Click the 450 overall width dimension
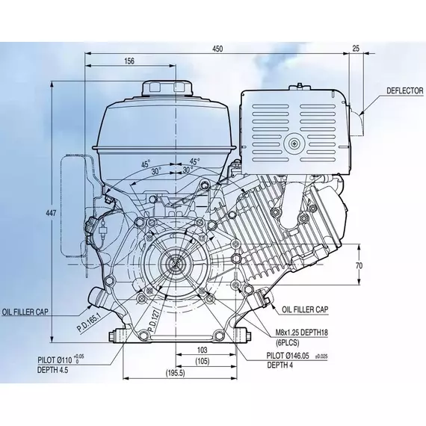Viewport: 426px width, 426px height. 217,49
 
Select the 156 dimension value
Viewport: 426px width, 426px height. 129,61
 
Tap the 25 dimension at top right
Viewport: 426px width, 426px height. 356,49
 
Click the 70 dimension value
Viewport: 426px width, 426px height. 359,265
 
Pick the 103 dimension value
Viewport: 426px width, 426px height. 203,351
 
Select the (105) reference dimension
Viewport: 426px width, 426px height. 203,361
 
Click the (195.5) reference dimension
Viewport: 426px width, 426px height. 175,373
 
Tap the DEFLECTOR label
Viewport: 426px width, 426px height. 405,90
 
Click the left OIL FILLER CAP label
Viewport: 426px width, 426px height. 25,312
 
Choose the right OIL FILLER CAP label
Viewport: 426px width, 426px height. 305,309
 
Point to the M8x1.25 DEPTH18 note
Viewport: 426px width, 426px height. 302,333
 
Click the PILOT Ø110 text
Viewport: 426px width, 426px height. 55,360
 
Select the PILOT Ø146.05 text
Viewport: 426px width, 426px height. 288,356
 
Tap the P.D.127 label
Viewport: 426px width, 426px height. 153,321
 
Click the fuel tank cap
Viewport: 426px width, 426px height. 167,88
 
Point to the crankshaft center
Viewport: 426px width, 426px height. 176,264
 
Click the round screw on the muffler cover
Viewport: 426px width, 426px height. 294,143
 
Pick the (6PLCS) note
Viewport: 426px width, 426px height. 288,343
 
